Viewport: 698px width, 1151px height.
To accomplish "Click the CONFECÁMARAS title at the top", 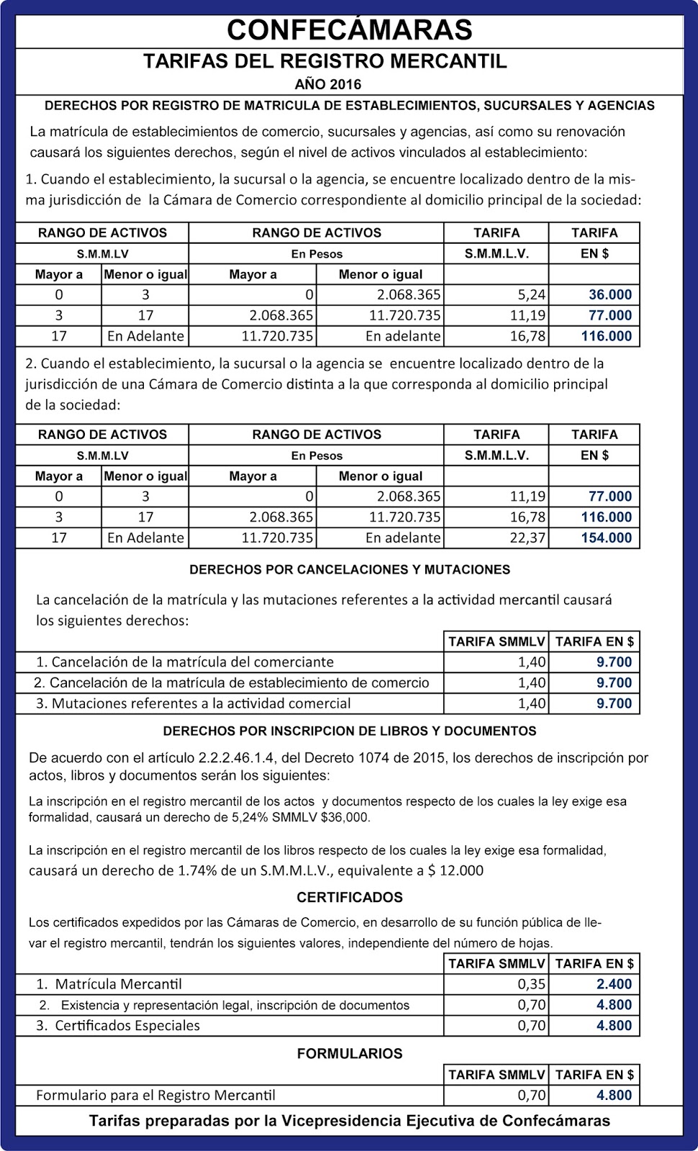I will (x=350, y=29).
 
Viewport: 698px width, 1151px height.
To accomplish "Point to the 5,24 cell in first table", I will (x=532, y=294).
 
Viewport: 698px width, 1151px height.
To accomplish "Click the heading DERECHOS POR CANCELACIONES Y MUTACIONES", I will (x=349, y=570).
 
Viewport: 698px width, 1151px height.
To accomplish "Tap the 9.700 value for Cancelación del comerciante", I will (x=614, y=662).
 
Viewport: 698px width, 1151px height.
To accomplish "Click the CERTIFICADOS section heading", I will (x=349, y=897).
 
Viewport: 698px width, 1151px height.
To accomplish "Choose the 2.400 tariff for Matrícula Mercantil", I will (x=614, y=984).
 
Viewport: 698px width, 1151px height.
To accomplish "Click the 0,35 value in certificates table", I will (x=532, y=984).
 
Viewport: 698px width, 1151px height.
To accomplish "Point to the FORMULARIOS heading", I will (x=349, y=1053).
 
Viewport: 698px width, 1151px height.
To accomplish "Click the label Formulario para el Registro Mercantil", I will (x=155, y=1096).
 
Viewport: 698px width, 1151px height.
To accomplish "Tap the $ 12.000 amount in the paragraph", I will (x=455, y=870).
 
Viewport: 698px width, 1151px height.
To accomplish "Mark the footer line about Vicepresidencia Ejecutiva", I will (x=349, y=1121).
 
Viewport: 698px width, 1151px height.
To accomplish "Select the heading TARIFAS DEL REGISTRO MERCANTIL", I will (x=325, y=61).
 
